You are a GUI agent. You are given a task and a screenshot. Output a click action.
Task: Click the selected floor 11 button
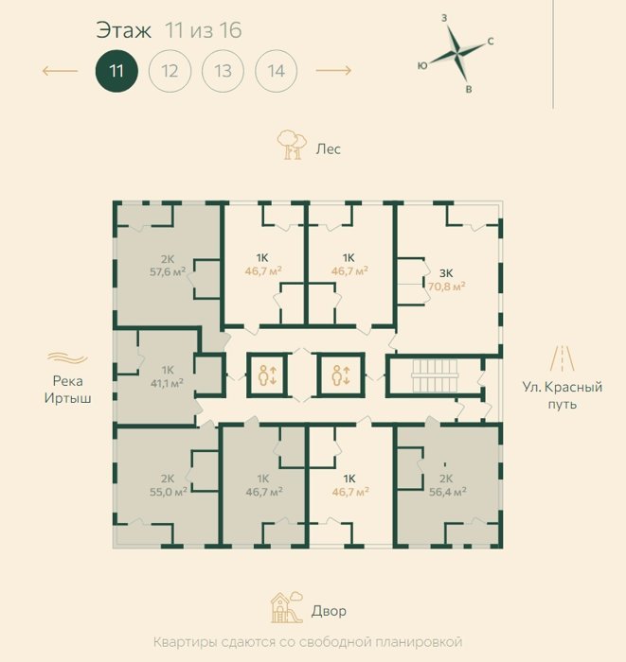(116, 71)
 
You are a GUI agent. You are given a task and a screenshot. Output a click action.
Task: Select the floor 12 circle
(170, 71)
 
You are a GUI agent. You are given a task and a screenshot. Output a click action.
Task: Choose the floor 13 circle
(224, 71)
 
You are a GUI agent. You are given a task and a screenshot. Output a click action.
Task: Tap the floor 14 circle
(277, 71)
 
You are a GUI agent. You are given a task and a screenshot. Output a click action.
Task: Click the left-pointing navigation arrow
(60, 71)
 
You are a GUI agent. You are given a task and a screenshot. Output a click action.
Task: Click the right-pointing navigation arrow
(333, 70)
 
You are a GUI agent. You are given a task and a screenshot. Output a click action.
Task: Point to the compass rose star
(456, 52)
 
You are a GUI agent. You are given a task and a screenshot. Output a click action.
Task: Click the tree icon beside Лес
(292, 145)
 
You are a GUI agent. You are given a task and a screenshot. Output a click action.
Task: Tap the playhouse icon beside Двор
(287, 607)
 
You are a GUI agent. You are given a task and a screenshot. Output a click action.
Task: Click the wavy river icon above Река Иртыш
(67, 358)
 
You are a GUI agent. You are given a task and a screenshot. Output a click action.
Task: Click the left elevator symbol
(267, 375)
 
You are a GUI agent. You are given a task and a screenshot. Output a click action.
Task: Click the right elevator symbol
(340, 375)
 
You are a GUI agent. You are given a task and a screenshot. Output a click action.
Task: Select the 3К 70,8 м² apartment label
(446, 280)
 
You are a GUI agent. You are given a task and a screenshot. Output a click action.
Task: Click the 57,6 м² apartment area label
(168, 272)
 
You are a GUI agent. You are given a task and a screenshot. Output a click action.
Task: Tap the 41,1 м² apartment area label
(167, 383)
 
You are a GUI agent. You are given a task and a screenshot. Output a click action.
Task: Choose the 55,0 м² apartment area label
(169, 492)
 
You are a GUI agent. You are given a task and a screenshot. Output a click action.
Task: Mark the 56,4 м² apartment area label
(448, 492)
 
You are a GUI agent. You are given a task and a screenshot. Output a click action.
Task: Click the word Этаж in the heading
(123, 30)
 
